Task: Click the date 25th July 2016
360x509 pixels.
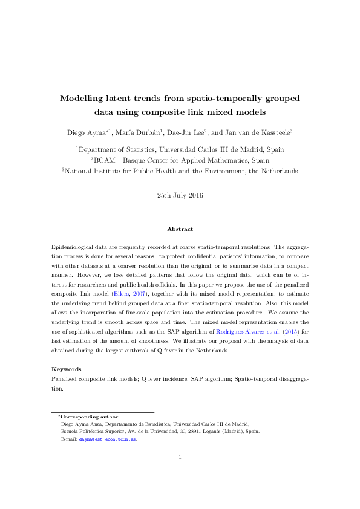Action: click(180, 195)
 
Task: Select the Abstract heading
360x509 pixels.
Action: click(180, 229)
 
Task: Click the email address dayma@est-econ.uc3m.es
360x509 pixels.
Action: click(107, 439)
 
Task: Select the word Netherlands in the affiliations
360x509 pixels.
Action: click(278, 171)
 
